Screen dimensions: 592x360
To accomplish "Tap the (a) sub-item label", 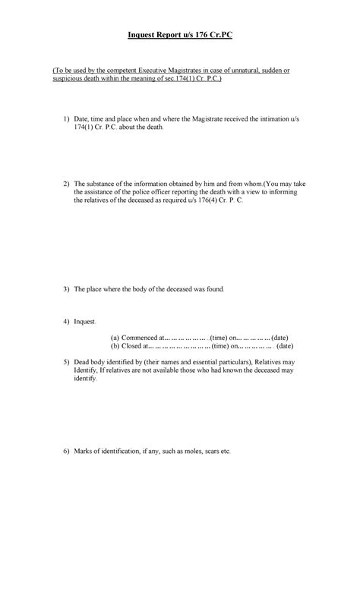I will (115, 337).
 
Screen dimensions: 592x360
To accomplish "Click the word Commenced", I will (141, 337).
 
